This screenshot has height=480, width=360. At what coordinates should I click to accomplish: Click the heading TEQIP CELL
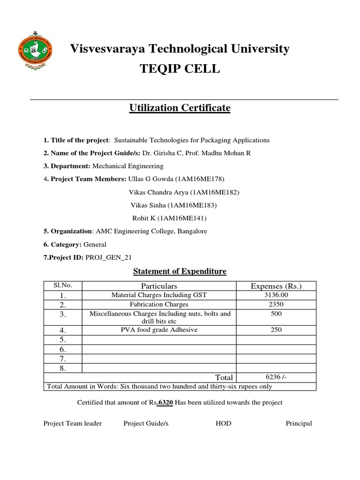(x=180, y=69)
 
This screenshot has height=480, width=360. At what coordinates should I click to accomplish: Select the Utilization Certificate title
(x=180, y=108)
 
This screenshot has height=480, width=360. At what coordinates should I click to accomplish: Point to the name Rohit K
(x=144, y=218)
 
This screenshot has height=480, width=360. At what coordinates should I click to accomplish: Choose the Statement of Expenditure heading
(x=180, y=271)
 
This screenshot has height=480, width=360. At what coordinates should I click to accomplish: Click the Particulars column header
(x=159, y=286)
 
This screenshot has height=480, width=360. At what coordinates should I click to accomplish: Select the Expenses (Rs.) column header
(x=276, y=286)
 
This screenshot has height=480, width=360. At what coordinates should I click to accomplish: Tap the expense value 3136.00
(x=276, y=295)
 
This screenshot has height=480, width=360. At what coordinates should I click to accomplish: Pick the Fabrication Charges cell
(x=159, y=304)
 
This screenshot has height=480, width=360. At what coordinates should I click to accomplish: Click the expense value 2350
(x=276, y=304)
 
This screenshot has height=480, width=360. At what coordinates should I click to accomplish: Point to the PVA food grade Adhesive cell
(x=159, y=330)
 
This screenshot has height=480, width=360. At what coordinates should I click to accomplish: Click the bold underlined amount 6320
(x=165, y=403)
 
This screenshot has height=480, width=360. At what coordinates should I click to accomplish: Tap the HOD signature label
(x=223, y=423)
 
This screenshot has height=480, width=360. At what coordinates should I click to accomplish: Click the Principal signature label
(x=299, y=423)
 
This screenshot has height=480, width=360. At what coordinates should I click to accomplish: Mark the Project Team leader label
(x=73, y=423)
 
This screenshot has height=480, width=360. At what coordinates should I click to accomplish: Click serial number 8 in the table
(x=63, y=368)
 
